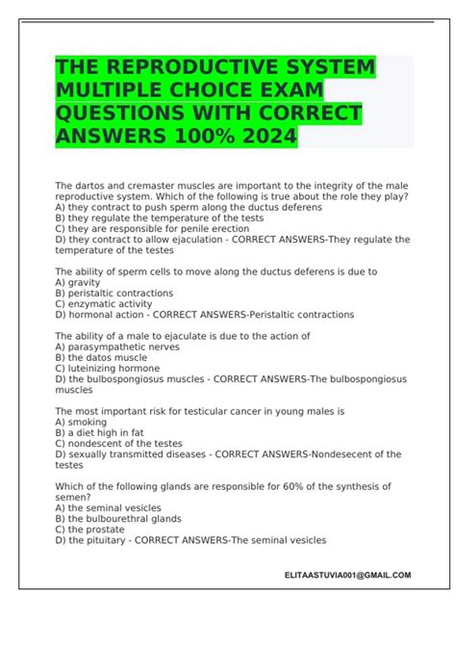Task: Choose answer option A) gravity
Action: coord(79,282)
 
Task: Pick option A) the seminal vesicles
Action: coord(109,507)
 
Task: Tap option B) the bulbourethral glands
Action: coord(119,518)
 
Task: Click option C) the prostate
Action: coord(94,529)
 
